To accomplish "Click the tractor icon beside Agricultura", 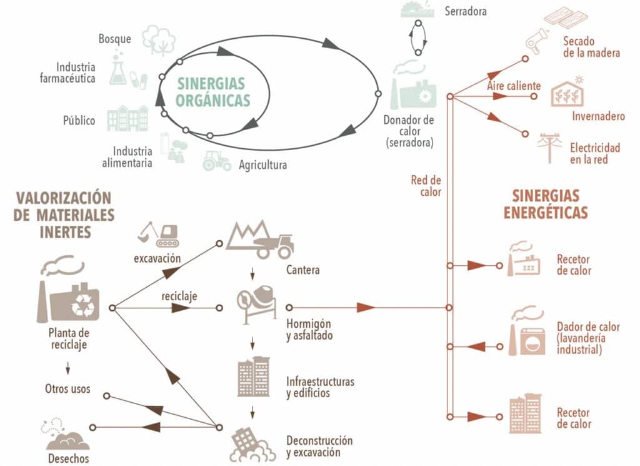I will coord(217,161).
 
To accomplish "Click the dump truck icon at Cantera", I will coord(261,240).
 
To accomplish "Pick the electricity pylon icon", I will coord(550,148).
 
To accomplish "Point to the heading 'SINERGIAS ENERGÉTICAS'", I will coord(546,204).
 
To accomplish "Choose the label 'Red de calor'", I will coord(426,186).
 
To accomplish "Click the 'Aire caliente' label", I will coord(514,85).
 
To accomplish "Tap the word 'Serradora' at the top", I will coord(465,11).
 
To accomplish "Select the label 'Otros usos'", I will coord(67,388).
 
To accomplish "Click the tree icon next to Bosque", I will coord(157,39).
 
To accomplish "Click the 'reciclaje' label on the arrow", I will coord(179,296).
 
